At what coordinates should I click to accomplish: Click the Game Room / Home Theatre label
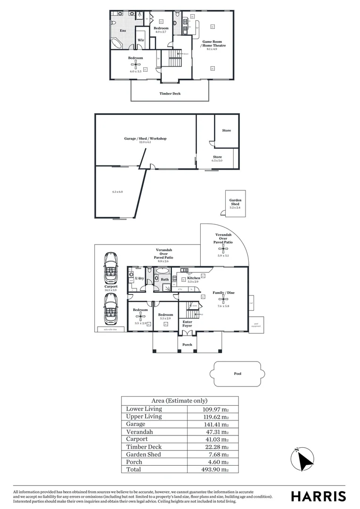(214, 43)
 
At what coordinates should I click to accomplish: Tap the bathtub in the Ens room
(117, 43)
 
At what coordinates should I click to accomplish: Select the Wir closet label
(140, 40)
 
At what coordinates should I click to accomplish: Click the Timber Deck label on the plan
(170, 94)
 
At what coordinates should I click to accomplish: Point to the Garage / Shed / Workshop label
(145, 139)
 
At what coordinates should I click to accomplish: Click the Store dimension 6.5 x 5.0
(217, 161)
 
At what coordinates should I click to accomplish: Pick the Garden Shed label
(235, 202)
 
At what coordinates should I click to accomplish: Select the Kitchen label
(194, 278)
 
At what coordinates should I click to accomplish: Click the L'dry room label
(139, 279)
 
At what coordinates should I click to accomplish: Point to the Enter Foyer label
(187, 324)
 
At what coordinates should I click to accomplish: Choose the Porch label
(187, 345)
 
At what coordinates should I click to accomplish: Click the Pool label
(237, 374)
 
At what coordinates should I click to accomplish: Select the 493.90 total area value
(215, 469)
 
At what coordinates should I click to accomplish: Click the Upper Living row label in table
(144, 417)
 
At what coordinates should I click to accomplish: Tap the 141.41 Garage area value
(215, 424)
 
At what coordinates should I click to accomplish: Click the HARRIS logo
(318, 496)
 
